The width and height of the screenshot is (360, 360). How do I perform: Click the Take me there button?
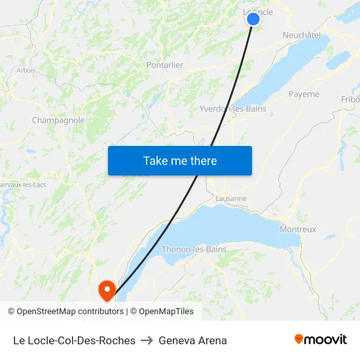[180, 161]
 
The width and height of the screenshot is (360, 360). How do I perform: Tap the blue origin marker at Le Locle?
[253, 19]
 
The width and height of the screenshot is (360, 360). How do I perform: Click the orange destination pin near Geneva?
[106, 289]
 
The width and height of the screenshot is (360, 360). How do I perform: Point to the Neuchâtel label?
[301, 35]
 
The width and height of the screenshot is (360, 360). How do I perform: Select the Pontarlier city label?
[164, 65]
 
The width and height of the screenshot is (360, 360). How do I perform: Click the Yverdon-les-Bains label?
[233, 109]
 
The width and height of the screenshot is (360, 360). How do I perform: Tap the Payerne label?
[304, 94]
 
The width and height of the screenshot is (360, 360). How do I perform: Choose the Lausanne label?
[230, 198]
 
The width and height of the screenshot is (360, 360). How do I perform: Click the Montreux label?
[298, 229]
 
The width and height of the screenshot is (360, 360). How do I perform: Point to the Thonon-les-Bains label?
[194, 249]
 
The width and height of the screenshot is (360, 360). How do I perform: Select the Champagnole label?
[58, 120]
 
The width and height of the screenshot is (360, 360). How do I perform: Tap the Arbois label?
[26, 70]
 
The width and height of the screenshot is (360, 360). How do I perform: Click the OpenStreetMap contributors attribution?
[65, 312]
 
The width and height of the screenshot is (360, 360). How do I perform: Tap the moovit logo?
[321, 340]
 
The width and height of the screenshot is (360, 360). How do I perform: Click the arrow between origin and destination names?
[147, 340]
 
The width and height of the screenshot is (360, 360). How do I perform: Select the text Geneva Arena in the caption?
[192, 340]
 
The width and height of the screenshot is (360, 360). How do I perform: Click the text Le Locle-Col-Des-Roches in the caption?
[74, 340]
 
